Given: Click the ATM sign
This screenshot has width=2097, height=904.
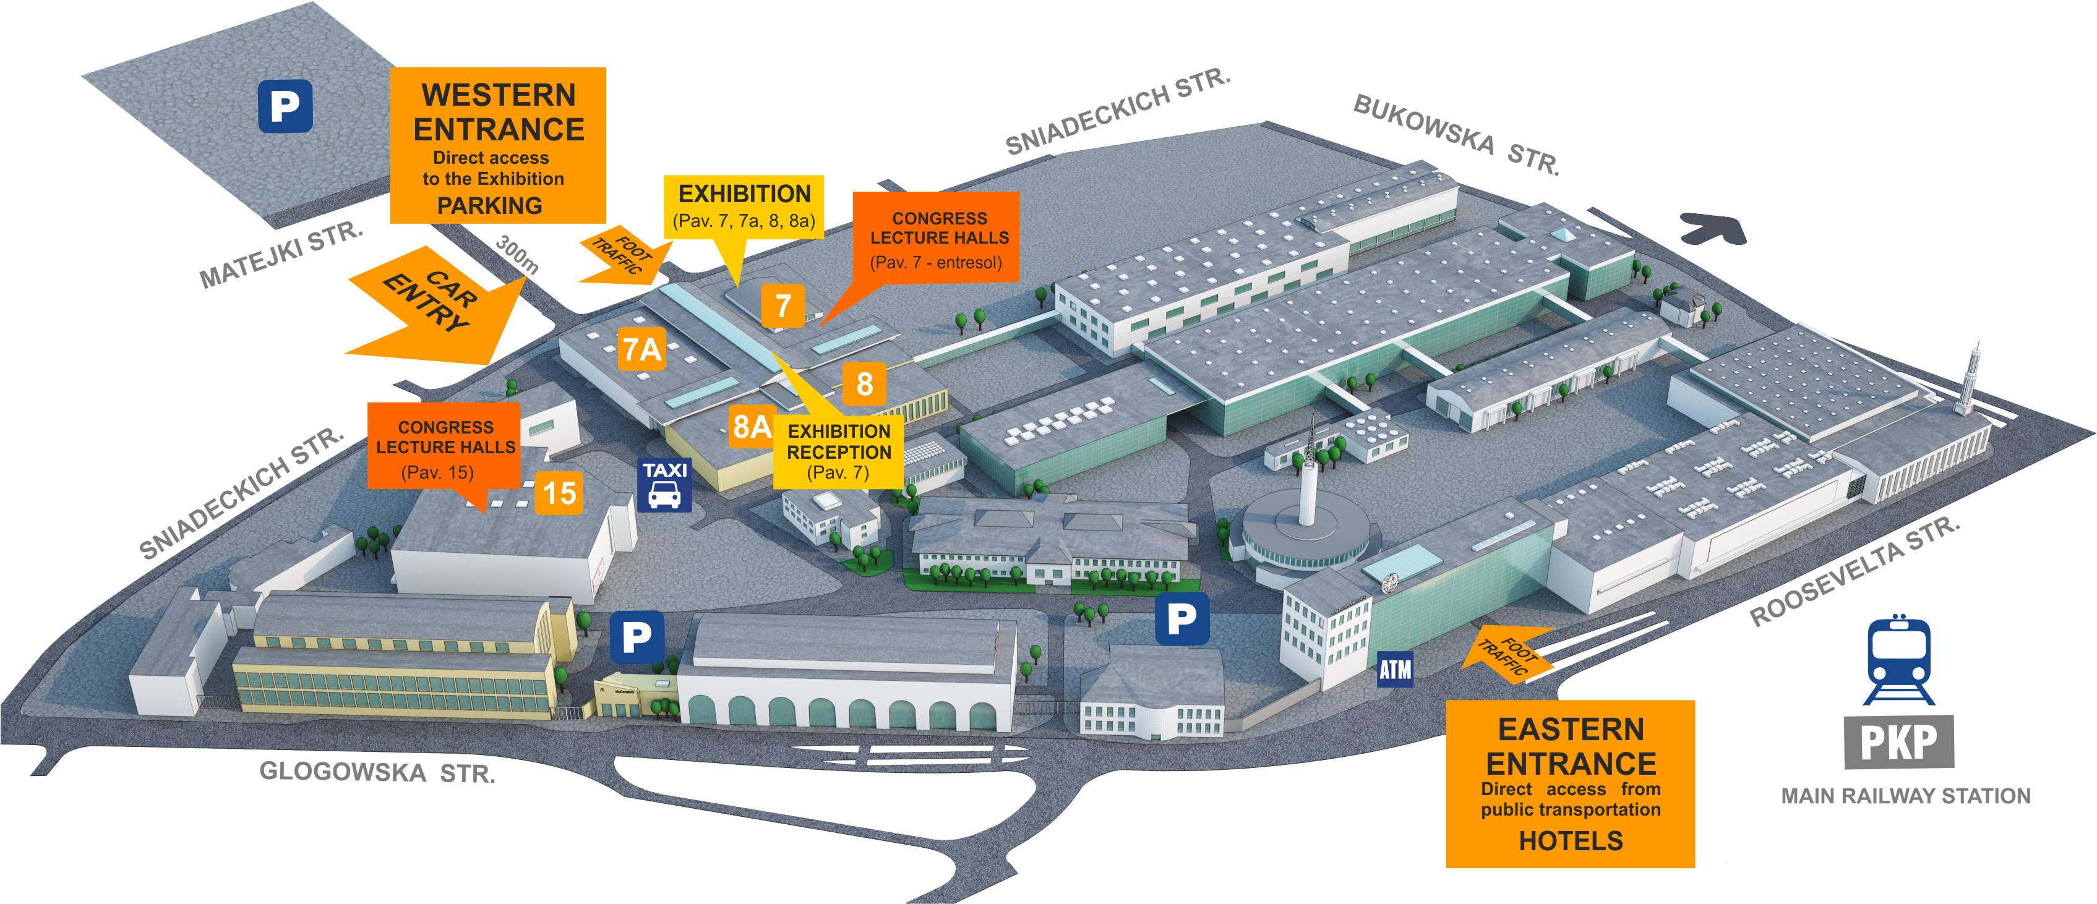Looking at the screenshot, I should (x=1394, y=670).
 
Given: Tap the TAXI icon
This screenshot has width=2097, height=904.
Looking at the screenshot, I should (x=664, y=485).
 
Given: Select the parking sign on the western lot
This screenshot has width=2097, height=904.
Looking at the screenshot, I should (x=285, y=106).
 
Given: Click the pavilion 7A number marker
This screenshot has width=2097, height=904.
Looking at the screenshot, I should (x=641, y=349).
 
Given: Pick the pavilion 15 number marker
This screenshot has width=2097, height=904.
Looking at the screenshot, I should (x=559, y=493).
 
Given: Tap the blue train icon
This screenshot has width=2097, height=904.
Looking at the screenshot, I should (x=1898, y=659).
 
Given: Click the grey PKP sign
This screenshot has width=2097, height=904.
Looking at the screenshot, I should (x=1898, y=742).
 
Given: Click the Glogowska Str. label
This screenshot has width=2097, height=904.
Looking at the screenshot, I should (x=377, y=772).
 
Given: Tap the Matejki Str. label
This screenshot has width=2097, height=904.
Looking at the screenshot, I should (x=281, y=255).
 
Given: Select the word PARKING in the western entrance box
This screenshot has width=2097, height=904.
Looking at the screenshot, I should (x=489, y=206).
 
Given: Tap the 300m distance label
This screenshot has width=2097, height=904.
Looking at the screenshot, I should (x=517, y=254).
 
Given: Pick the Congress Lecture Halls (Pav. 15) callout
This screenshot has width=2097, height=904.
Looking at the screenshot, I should (x=445, y=448).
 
